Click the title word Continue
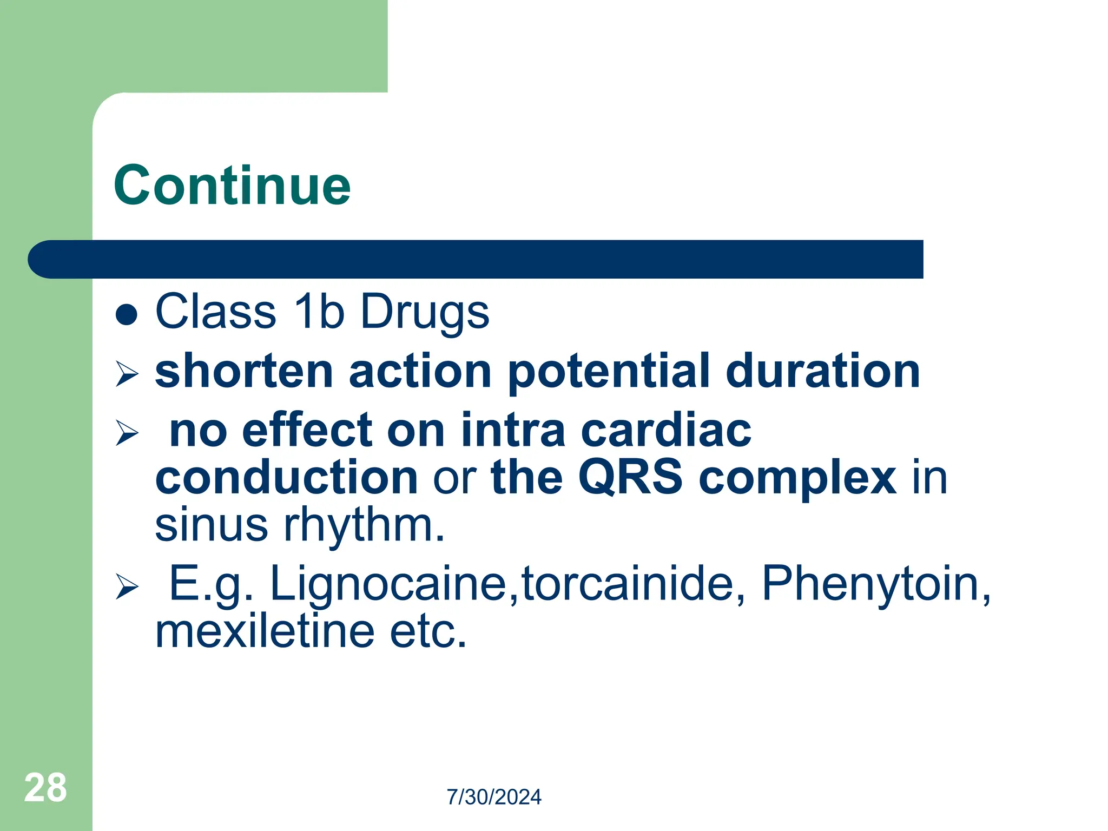pos(232,186)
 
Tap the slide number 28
pos(45,788)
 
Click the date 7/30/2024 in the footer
pos(493,797)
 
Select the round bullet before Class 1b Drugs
pos(127,314)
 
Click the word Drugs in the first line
pos(425,312)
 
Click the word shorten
pos(244,371)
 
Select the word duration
pos(822,371)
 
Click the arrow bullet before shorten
pos(127,374)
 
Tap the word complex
pos(797,479)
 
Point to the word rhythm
pos(364,525)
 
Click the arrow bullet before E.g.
pos(127,587)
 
